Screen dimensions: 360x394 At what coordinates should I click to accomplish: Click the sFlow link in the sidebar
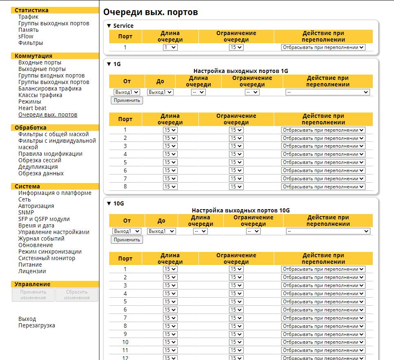coord(26,36)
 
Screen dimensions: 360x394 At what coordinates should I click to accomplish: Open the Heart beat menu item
coord(32,108)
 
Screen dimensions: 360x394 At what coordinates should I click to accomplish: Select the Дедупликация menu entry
coord(38,167)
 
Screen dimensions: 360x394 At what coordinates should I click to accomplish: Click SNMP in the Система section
coord(26,212)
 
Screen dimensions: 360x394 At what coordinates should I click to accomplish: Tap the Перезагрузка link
coord(37,325)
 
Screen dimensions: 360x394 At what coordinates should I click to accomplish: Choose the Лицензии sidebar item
coord(32,271)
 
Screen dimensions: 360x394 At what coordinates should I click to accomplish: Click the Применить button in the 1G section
coord(127,100)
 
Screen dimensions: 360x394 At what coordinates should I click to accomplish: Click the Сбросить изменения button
coord(77,295)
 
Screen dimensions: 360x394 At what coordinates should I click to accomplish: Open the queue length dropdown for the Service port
coord(170,47)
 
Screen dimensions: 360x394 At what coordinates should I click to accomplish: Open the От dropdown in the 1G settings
coord(127,92)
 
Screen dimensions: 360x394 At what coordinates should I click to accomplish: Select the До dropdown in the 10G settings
coord(161,231)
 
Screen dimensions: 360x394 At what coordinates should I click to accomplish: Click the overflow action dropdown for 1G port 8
coord(323,187)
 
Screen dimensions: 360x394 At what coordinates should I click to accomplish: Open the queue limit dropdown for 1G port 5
coord(236,162)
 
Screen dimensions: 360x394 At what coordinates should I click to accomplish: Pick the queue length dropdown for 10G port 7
coord(170,318)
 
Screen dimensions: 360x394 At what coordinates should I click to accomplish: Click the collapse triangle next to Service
coord(109,26)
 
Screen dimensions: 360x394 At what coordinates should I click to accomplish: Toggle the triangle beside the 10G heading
coord(109,203)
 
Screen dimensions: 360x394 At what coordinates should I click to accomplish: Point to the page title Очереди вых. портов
coord(151,12)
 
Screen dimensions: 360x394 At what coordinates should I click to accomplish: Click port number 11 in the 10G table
coord(125,350)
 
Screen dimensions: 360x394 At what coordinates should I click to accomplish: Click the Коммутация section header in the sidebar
coord(33,56)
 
